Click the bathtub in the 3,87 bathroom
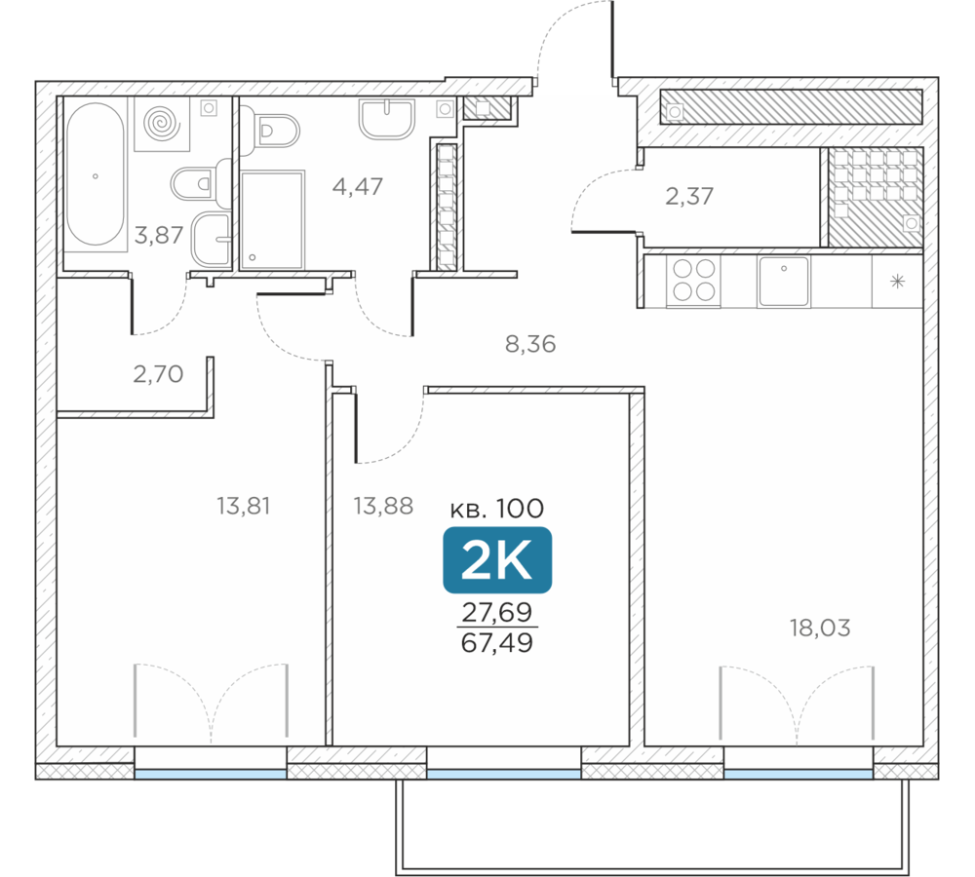coord(96,174)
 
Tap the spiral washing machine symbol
coord(162,123)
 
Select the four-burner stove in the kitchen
coord(693,281)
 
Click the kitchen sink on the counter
coord(784,281)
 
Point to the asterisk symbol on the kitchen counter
coord(897,282)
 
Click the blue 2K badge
coord(497,560)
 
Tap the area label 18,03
coord(820,628)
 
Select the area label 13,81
coord(243,506)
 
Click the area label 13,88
coord(383,506)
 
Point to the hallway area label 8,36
coord(530,344)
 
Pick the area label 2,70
coord(158,374)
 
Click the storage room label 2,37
coord(689,197)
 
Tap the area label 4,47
coord(358,186)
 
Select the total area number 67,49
coord(497,643)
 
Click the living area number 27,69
coord(497,612)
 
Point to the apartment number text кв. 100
coord(497,509)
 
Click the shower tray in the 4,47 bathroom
coord(272,219)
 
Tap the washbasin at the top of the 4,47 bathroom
coord(386,118)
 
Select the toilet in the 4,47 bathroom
coord(270,131)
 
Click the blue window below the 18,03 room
coord(799,774)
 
